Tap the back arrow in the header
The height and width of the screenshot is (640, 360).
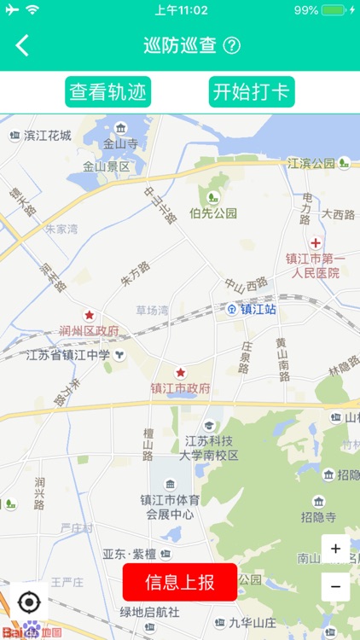(x=22, y=45)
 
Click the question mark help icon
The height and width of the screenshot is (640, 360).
(x=231, y=45)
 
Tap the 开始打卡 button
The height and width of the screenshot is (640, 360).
(x=252, y=92)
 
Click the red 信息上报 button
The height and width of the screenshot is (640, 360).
(x=179, y=583)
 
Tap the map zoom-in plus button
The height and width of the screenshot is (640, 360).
(x=335, y=549)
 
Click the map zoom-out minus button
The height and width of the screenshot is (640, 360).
(x=335, y=586)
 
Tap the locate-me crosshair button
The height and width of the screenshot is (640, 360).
(x=28, y=602)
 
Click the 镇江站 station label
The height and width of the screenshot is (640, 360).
(x=258, y=309)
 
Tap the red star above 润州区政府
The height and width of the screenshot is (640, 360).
(x=89, y=315)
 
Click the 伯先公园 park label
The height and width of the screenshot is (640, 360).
(x=213, y=213)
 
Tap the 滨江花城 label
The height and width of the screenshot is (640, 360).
(x=47, y=135)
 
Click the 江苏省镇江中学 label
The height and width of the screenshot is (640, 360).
(x=67, y=355)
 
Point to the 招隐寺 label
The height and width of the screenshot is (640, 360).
(x=318, y=516)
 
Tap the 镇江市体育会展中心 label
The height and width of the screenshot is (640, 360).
(x=171, y=507)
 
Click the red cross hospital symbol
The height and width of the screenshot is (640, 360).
(x=316, y=243)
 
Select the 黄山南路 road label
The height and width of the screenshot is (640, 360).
(x=282, y=358)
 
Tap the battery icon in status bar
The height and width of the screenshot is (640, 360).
(x=334, y=10)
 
